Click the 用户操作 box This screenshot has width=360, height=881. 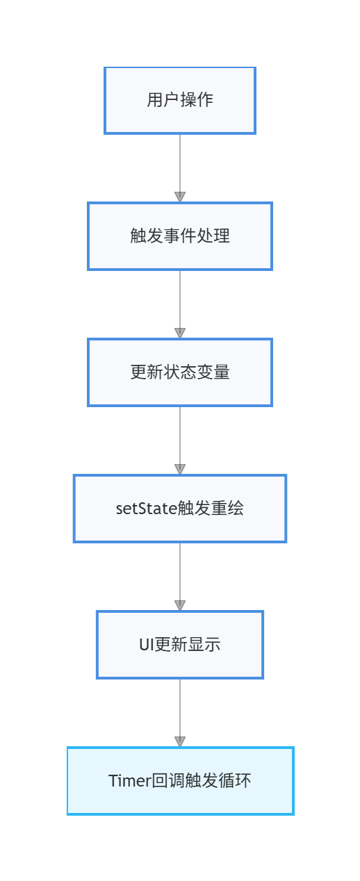click(180, 100)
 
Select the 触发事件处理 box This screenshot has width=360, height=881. click(180, 236)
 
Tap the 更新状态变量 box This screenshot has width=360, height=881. click(180, 372)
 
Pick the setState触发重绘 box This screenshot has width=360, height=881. click(180, 509)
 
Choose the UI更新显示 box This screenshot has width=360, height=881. click(180, 645)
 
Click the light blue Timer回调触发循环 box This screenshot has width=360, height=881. click(180, 781)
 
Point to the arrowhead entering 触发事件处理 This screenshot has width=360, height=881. click(180, 197)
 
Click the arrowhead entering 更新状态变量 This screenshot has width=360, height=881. click(180, 333)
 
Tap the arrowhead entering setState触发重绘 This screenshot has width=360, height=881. click(180, 469)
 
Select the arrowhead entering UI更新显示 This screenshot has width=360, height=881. click(180, 605)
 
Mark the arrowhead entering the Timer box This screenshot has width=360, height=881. click(180, 741)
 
